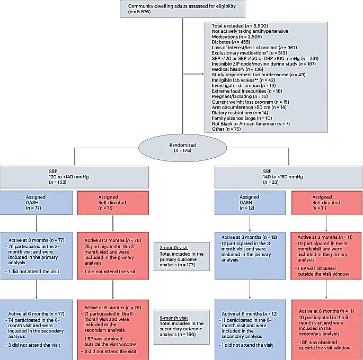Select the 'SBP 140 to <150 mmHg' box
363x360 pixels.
tap(289, 175)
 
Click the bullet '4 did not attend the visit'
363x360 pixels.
tap(111, 350)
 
